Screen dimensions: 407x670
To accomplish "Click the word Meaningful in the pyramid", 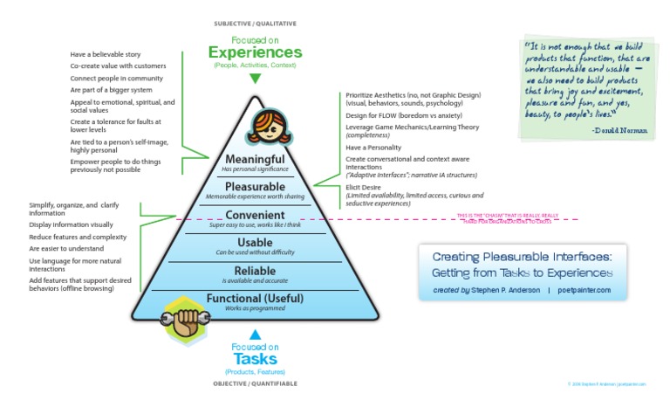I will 255,159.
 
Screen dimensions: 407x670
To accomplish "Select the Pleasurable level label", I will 255,186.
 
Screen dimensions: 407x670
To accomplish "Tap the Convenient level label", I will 255,215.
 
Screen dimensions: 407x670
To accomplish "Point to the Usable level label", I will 255,242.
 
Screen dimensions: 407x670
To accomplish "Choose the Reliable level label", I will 255,271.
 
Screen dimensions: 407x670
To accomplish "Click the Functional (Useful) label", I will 255,300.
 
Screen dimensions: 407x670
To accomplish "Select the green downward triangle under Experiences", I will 255,78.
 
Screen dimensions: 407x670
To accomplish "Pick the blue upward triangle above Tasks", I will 255,335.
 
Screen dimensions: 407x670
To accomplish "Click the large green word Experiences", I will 255,52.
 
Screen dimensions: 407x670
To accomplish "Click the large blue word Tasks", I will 255,358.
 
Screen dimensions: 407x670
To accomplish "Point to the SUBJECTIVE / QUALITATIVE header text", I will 255,23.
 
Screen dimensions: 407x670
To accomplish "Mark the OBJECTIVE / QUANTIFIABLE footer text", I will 255,383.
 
